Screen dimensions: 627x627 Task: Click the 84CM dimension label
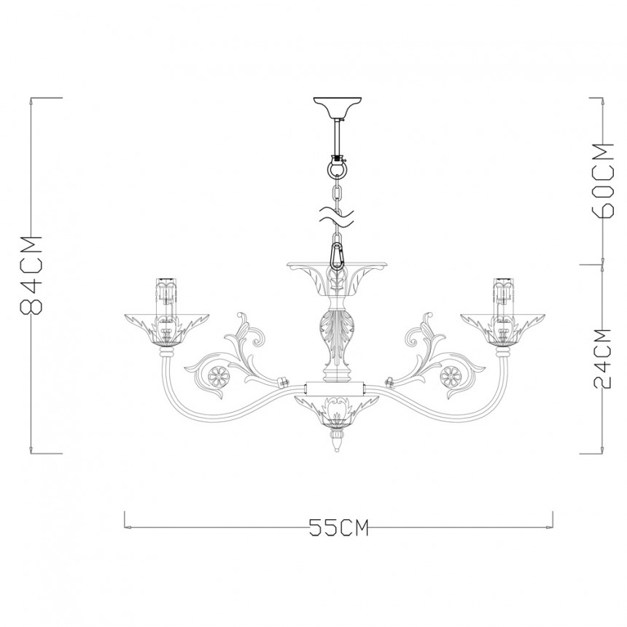coord(31,276)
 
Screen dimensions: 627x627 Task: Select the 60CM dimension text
coord(603,180)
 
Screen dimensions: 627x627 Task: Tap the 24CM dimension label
coord(602,358)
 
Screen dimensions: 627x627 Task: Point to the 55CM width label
coord(338,527)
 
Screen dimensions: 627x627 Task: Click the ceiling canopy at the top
coord(338,107)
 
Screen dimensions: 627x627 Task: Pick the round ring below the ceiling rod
coord(338,168)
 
